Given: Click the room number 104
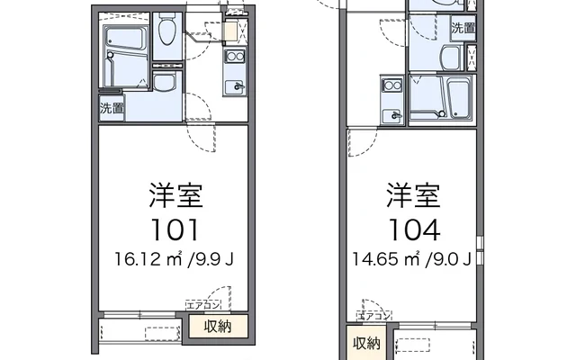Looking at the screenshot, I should point(415,229).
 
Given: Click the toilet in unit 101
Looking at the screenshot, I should point(166,35).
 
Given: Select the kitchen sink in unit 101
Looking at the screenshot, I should point(236,87).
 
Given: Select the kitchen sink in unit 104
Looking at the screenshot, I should point(391,115).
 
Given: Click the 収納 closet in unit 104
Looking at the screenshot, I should point(366,343).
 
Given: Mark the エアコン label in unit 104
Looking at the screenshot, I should point(375,315).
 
